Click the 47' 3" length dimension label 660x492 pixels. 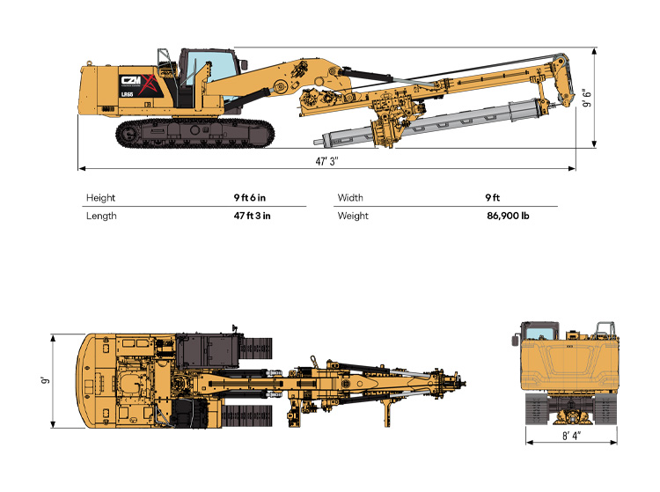coord(327,161)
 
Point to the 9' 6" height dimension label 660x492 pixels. coord(586,98)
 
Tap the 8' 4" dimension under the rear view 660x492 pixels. coord(571,435)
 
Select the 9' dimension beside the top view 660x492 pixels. coord(46,380)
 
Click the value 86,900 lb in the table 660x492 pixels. coord(508,216)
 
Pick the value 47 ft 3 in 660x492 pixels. coord(253,216)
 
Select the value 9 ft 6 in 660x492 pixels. coord(250,197)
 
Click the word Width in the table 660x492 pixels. coord(349,197)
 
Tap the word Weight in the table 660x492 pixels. coord(353,216)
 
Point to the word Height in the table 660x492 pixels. coord(100,198)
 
